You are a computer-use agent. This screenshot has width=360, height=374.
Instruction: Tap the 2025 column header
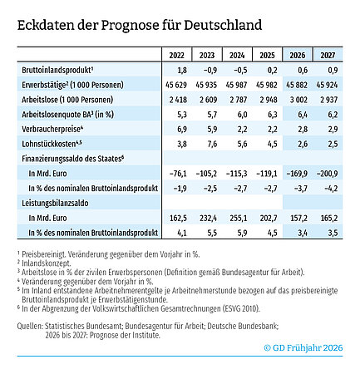click(268, 56)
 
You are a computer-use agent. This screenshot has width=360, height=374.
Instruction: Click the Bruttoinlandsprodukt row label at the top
click(56, 71)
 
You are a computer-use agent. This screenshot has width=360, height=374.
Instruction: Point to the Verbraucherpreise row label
click(51, 129)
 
